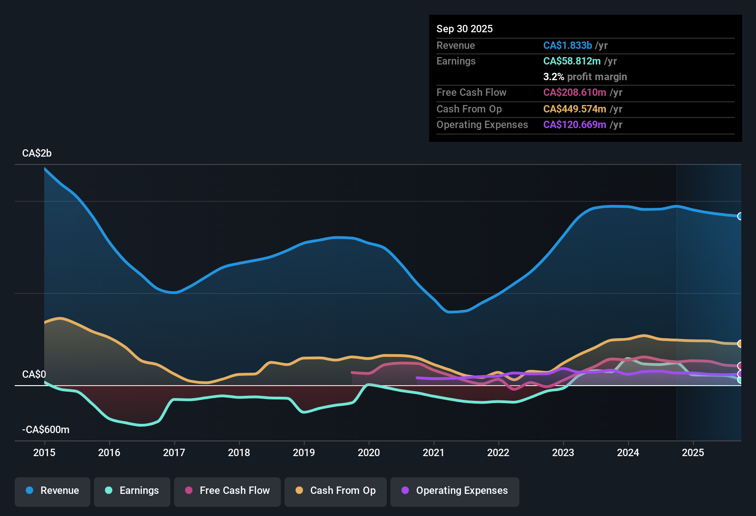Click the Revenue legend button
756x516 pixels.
pyautogui.click(x=52, y=491)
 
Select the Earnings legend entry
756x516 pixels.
pyautogui.click(x=132, y=491)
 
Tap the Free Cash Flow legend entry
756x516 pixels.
pyautogui.click(x=227, y=491)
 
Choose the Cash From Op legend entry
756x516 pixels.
pyautogui.click(x=336, y=491)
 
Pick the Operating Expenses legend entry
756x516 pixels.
pyautogui.click(x=455, y=491)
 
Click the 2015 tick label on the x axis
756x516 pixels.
pyautogui.click(x=44, y=452)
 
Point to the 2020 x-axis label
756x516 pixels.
pyautogui.click(x=369, y=452)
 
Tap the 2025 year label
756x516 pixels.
pyautogui.click(x=693, y=452)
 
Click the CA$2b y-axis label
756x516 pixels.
pyautogui.click(x=37, y=153)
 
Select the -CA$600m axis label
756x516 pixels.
pyautogui.click(x=46, y=429)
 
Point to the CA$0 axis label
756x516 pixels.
pyautogui.click(x=34, y=374)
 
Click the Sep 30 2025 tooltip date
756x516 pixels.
pyautogui.click(x=465, y=29)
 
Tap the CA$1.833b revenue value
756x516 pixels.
pyautogui.click(x=567, y=45)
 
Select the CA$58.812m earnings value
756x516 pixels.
pyautogui.click(x=572, y=61)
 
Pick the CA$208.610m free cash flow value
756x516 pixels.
pyautogui.click(x=575, y=92)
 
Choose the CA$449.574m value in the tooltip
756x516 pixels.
pyautogui.click(x=575, y=109)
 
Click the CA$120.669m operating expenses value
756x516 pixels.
pyautogui.click(x=575, y=124)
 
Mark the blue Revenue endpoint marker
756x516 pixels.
pyautogui.click(x=740, y=216)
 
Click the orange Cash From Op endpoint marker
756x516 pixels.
pyautogui.click(x=740, y=344)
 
